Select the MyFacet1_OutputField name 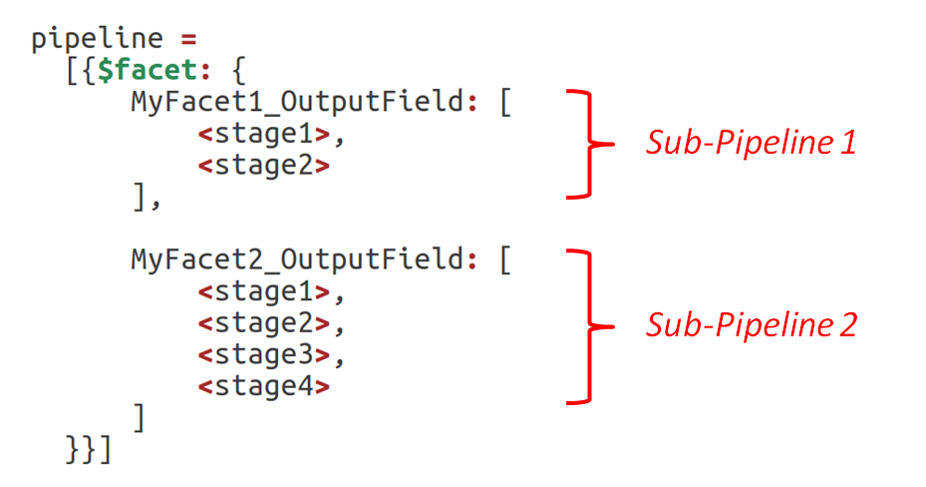(297, 103)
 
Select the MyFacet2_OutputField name (297, 260)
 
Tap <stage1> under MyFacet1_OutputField (264, 135)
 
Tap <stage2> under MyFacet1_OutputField (264, 166)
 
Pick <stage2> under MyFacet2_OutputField (264, 323)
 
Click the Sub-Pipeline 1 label (751, 144)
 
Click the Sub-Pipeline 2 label (751, 325)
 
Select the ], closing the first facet (146, 198)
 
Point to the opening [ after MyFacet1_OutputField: (504, 103)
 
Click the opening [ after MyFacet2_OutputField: (504, 260)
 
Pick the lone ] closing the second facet (139, 417)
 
